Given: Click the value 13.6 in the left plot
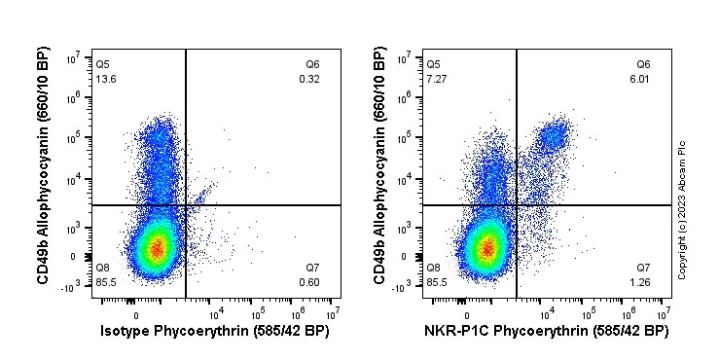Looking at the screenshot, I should point(104,79).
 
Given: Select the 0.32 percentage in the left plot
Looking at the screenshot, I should point(309,79).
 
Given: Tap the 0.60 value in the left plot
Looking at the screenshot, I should point(310,282).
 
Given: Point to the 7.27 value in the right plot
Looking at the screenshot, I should point(435,79).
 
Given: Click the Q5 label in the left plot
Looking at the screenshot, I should point(103,64).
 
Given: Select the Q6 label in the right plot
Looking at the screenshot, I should point(643,64).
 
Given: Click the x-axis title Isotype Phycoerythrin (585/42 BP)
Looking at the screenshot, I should point(215,332).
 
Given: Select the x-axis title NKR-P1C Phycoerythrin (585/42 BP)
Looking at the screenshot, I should point(546,332).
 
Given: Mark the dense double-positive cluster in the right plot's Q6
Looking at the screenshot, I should point(554,136).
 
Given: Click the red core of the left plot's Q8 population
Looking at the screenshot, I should point(157,250).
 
